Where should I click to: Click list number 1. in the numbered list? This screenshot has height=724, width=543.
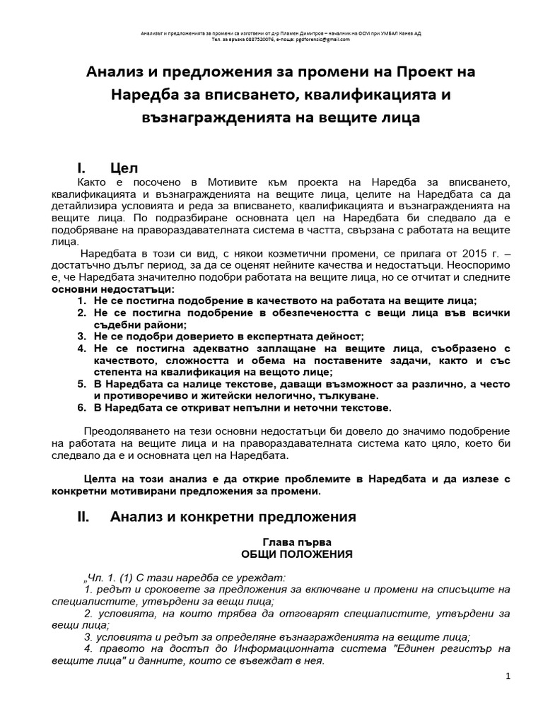[x=82, y=301]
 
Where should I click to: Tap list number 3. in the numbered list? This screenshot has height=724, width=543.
[x=82, y=337]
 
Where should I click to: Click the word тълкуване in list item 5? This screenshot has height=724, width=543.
[x=356, y=396]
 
